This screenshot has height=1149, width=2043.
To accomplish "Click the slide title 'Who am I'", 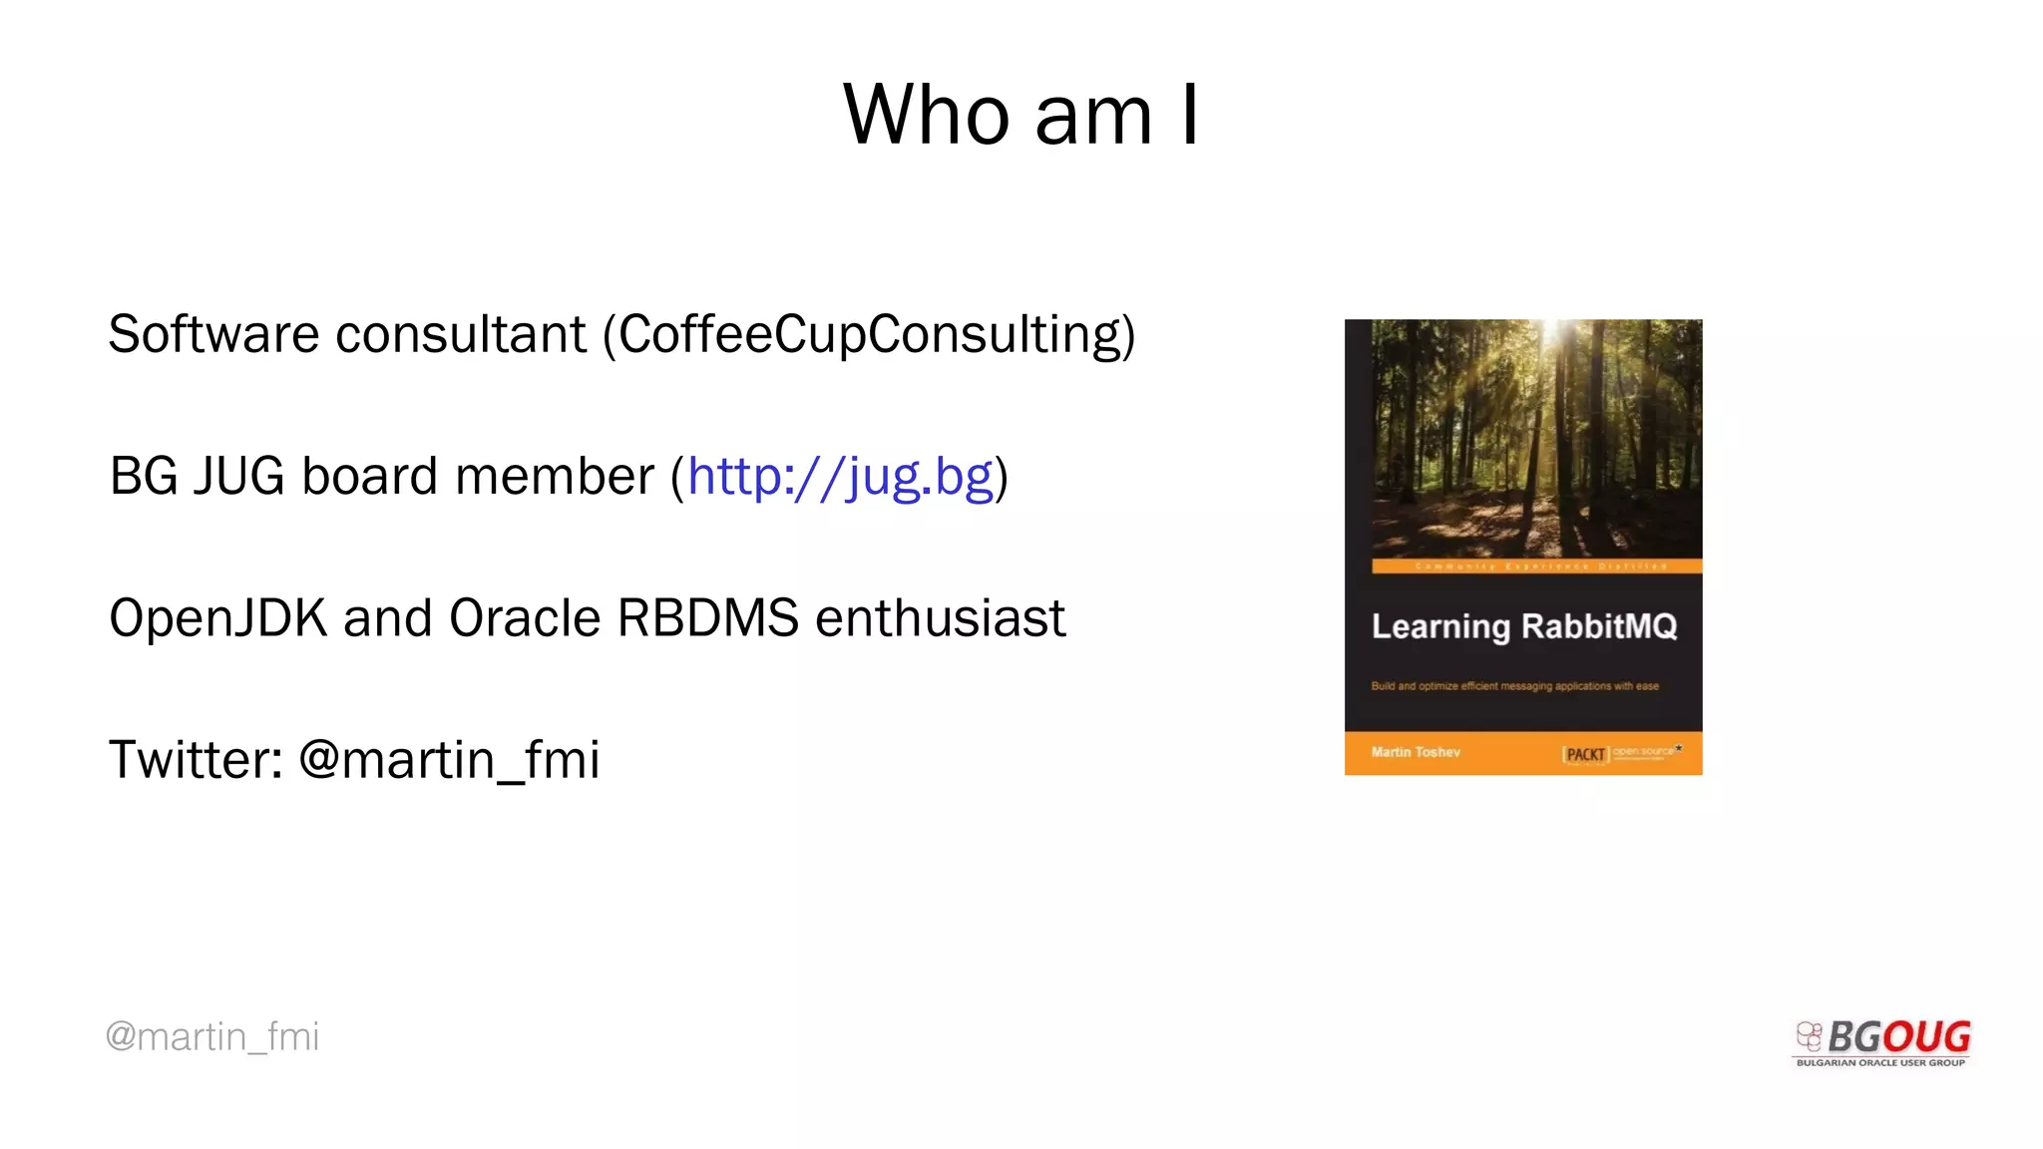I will pyautogui.click(x=1021, y=115).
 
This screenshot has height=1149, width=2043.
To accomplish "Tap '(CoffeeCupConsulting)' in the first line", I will pyautogui.click(x=869, y=335).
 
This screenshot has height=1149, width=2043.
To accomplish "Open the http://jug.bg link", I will pyautogui.click(x=840, y=477).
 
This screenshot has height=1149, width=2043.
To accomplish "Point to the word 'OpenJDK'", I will pyautogui.click(x=217, y=618).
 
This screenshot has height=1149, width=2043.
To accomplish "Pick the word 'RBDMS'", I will pyautogui.click(x=708, y=618).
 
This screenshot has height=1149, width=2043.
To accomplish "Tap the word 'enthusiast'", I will pyautogui.click(x=940, y=618).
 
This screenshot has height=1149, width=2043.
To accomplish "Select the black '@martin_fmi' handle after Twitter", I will pyautogui.click(x=449, y=760).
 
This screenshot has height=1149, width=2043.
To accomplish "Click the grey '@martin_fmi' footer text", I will pyautogui.click(x=212, y=1037).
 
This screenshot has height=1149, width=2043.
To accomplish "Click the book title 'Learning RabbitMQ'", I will pyautogui.click(x=1523, y=626).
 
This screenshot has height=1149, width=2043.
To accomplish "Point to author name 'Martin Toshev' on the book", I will pyautogui.click(x=1416, y=752).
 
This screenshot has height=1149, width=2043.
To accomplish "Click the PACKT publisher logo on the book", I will pyautogui.click(x=1585, y=754).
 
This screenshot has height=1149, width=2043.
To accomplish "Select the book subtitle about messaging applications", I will pyautogui.click(x=1514, y=686).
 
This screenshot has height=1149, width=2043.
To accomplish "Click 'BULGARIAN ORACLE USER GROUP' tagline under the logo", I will pyautogui.click(x=1880, y=1063).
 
